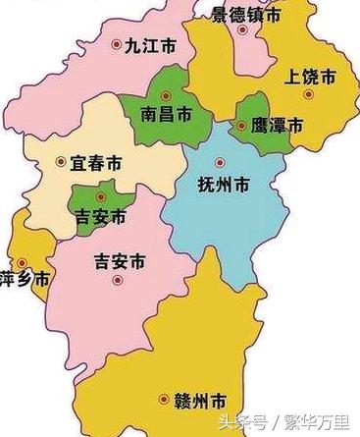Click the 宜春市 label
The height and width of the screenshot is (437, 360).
point(95,161)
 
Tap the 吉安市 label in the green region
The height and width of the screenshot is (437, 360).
point(102,216)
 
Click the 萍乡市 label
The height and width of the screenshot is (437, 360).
point(24,279)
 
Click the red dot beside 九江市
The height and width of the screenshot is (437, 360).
point(119,43)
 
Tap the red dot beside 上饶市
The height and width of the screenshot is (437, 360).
point(308,94)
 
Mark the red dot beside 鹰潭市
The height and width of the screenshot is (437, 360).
point(241,126)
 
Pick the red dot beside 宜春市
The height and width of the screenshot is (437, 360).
point(61,161)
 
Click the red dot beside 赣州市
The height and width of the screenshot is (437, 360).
point(163,399)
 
